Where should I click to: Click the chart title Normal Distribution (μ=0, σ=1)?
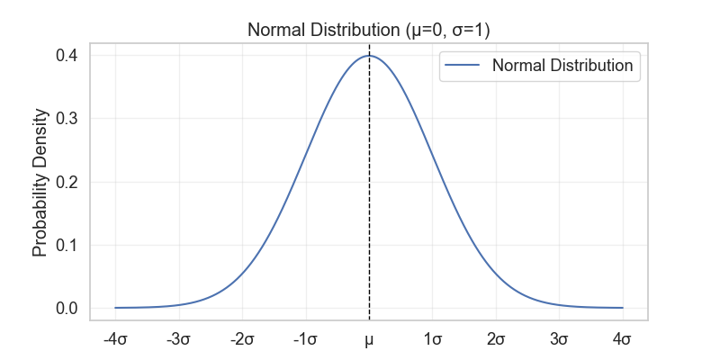368,31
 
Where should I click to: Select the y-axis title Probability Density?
40,183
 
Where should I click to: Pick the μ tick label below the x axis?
369,340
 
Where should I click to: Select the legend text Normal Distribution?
562,66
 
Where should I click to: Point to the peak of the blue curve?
369,56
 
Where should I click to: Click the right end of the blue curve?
623,308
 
